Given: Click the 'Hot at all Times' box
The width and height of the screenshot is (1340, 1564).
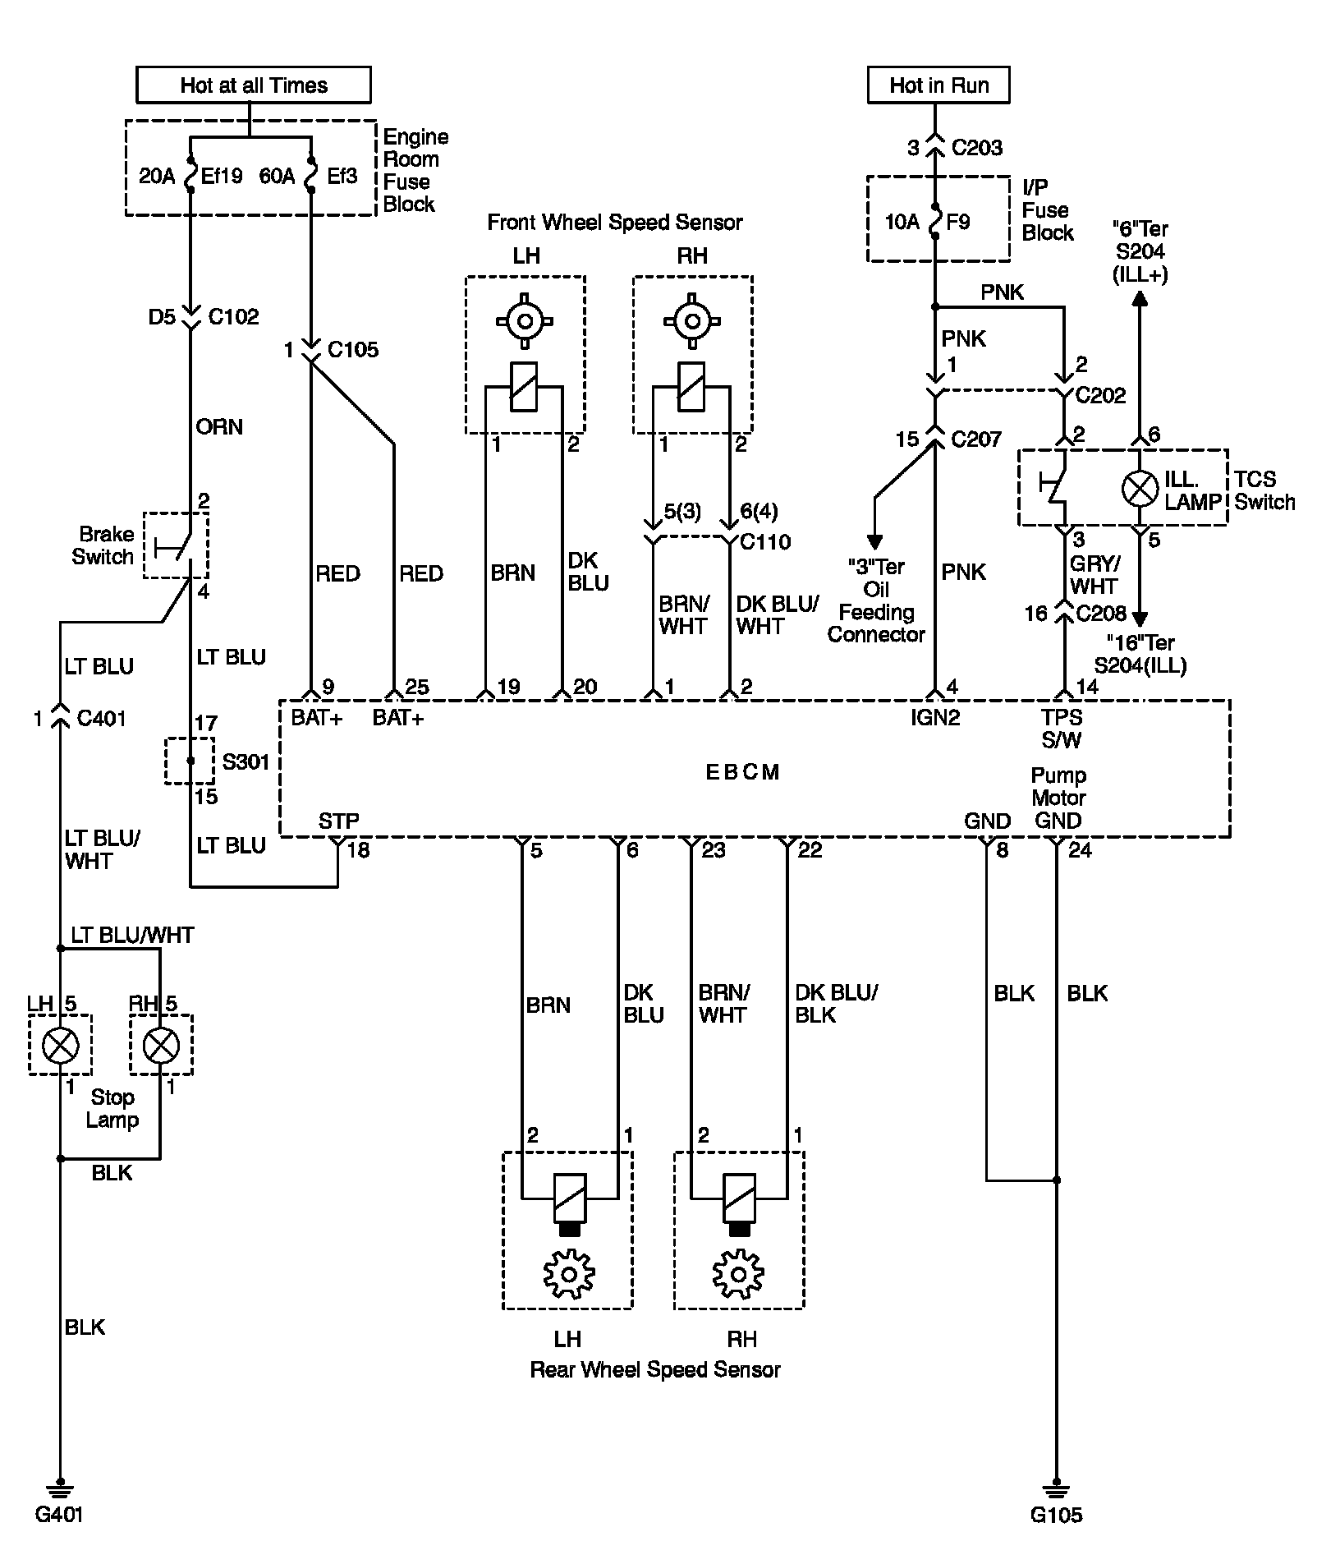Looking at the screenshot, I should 253,85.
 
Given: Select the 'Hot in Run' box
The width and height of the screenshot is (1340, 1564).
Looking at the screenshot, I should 938,85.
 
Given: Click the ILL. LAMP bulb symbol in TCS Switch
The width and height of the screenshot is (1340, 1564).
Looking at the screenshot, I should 1140,490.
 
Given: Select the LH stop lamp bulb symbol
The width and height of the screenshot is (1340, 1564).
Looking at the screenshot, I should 60,1045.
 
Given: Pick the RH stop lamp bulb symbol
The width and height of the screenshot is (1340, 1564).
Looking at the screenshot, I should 160,1045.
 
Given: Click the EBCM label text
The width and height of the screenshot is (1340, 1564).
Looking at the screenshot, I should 742,772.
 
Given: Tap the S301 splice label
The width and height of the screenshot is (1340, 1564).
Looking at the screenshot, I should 246,762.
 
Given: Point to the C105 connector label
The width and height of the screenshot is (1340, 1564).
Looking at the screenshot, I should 353,350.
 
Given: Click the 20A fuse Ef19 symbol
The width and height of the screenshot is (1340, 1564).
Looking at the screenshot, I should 190,175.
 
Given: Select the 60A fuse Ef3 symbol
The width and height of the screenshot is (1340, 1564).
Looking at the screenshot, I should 311,175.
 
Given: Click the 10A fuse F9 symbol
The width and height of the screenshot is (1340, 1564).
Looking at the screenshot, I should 935,221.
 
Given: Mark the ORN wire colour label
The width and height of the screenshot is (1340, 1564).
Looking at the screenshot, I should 219,427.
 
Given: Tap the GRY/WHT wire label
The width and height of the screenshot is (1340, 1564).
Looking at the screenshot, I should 1094,575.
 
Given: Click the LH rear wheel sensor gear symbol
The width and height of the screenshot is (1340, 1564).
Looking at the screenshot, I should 568,1274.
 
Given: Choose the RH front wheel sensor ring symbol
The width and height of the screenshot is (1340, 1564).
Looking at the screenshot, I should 692,320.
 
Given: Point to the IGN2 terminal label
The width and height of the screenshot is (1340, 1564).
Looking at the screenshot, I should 935,718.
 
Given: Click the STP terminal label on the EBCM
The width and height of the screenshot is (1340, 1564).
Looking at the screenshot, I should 338,821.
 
